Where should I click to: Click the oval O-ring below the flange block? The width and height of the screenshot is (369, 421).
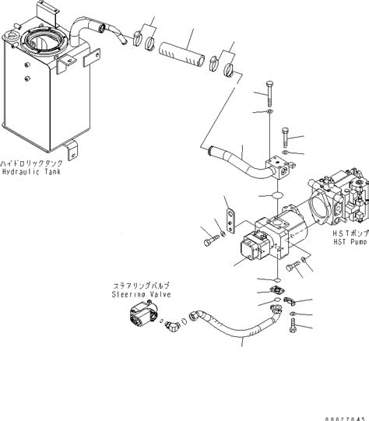click(x=272, y=195)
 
